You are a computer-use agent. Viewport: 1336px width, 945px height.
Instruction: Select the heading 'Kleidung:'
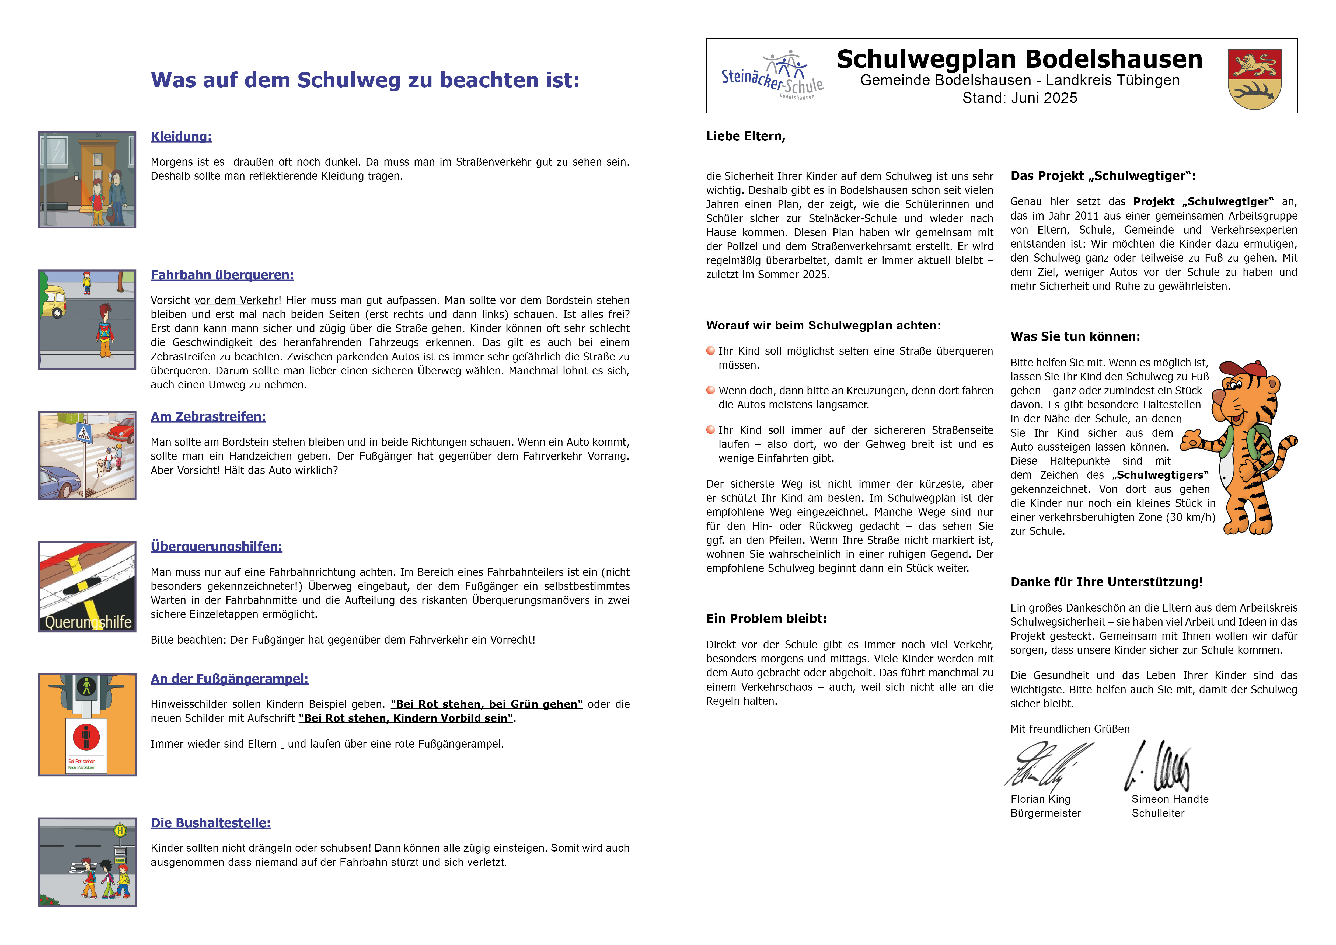coord(181,137)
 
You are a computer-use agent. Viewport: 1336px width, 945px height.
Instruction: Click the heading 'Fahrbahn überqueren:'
coord(222,275)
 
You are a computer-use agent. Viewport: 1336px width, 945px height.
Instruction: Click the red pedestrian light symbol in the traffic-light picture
coord(86,737)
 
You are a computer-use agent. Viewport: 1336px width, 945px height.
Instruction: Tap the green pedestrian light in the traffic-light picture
coord(87,687)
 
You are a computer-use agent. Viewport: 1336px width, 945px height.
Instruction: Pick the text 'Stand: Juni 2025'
coord(1020,98)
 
